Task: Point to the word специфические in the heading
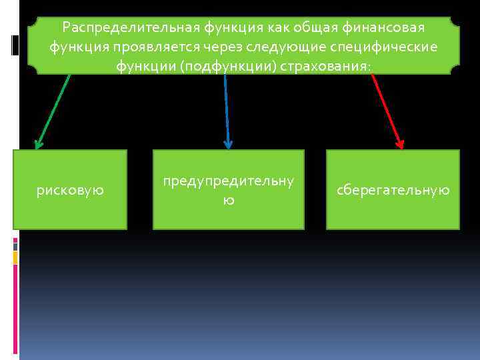393,47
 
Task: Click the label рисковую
70,191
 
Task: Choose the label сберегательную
393,191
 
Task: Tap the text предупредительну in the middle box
228,182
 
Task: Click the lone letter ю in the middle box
228,199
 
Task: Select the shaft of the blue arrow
226,107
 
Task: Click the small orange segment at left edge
15,257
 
